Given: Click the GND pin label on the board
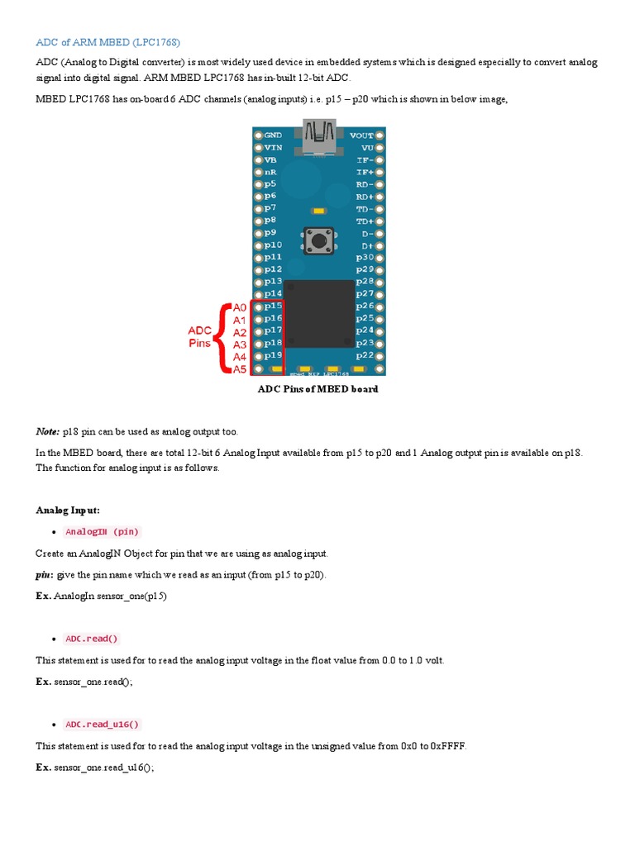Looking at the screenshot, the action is pyautogui.click(x=273, y=135).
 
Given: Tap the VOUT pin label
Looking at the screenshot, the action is pyautogui.click(x=361, y=135).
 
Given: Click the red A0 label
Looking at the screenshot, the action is pyautogui.click(x=240, y=307).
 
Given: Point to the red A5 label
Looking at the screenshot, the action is pyautogui.click(x=240, y=369).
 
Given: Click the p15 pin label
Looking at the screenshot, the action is pyautogui.click(x=274, y=307).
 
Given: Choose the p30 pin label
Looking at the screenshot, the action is pyautogui.click(x=364, y=257).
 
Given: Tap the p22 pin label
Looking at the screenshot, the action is pyautogui.click(x=364, y=355).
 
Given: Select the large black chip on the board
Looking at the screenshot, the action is pyautogui.click(x=319, y=314).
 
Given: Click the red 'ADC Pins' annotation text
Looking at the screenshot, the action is pyautogui.click(x=199, y=336).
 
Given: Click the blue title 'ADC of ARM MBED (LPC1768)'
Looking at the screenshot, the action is pyautogui.click(x=107, y=42).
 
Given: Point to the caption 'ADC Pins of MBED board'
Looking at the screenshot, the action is pyautogui.click(x=318, y=389).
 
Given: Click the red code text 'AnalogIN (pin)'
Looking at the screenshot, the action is pyautogui.click(x=103, y=531).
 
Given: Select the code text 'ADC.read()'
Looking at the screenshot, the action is pyautogui.click(x=93, y=639).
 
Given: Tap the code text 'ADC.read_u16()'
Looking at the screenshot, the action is pyautogui.click(x=103, y=725).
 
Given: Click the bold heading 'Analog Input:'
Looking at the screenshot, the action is pyautogui.click(x=68, y=510).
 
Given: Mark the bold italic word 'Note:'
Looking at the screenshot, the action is pyautogui.click(x=47, y=431).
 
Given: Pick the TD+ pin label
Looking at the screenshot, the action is pyautogui.click(x=365, y=221).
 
